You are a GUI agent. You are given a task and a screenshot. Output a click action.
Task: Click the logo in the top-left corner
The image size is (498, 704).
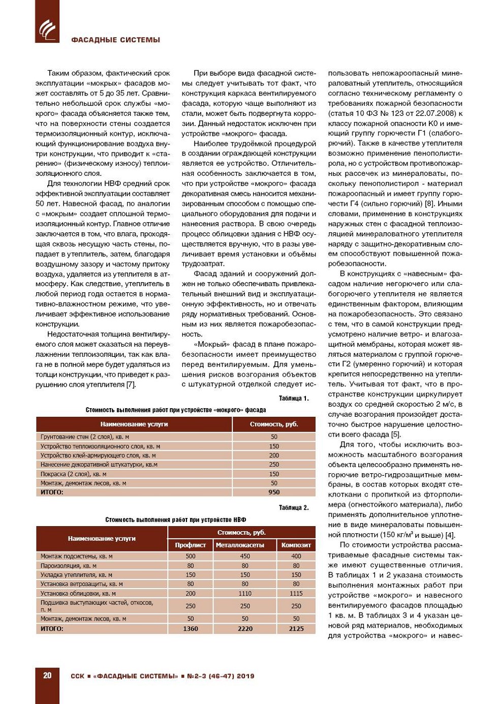click(x=47, y=28)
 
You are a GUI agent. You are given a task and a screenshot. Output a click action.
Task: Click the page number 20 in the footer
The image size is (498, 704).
click(x=47, y=676)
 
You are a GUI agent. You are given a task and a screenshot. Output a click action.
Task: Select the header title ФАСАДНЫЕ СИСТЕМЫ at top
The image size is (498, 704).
click(x=115, y=40)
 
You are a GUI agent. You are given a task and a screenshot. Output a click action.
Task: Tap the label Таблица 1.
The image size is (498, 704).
click(x=294, y=399)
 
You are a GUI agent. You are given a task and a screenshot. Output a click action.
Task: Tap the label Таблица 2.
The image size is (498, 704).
click(x=294, y=508)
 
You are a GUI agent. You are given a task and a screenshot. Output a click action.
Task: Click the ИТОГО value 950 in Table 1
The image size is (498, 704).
click(x=274, y=492)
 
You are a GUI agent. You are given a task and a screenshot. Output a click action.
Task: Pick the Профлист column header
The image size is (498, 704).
click(x=191, y=545)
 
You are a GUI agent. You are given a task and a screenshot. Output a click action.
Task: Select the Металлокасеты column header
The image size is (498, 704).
click(x=245, y=545)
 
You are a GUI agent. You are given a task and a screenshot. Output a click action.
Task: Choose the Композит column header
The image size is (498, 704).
click(x=296, y=545)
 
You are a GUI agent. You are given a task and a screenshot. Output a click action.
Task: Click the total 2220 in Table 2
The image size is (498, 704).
click(x=245, y=629)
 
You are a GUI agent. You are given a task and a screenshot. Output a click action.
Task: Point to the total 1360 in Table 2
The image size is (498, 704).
click(x=191, y=629)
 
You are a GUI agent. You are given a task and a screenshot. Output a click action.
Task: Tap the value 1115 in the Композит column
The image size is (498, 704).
click(x=296, y=593)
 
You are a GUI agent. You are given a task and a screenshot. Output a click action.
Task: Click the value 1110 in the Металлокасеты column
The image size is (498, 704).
click(x=245, y=593)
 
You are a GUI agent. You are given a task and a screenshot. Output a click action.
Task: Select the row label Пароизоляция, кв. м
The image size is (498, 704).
click(x=69, y=566)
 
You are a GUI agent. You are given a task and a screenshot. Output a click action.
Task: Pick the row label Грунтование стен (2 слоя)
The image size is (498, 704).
click(x=85, y=437)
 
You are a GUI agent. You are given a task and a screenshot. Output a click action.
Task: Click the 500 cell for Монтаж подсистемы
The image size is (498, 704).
click(x=191, y=556)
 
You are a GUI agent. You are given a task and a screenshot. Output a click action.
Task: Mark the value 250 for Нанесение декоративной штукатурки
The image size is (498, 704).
click(x=274, y=465)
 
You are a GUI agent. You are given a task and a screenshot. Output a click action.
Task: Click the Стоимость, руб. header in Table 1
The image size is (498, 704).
click(x=274, y=424)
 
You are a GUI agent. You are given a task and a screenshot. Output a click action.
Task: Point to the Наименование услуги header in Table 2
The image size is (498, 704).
click(x=102, y=538)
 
